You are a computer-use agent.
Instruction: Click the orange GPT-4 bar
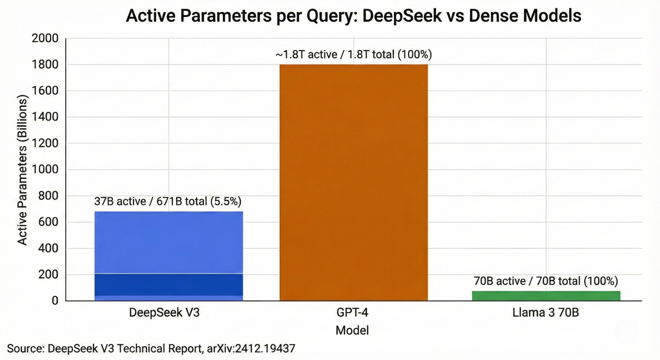point(354,182)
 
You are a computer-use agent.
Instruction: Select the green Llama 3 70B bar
point(546,296)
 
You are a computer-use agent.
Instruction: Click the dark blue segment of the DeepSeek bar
point(169,285)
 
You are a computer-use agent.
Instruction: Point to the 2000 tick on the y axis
point(45,39)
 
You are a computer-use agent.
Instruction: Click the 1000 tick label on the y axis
point(45,170)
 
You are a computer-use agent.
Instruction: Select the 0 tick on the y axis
point(55,301)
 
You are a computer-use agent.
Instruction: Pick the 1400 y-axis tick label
point(45,117)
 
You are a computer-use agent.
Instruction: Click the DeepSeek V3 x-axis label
point(164,313)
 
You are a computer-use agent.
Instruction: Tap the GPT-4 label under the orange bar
point(352,313)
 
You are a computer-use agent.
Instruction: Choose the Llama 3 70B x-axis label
point(546,313)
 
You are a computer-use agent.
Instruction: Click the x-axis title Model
point(352,330)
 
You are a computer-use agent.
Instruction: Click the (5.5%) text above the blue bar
point(226,201)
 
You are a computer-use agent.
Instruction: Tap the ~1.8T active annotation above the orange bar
point(306,54)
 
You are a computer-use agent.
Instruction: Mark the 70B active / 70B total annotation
point(546,281)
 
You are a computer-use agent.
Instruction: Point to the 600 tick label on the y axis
point(48,222)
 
